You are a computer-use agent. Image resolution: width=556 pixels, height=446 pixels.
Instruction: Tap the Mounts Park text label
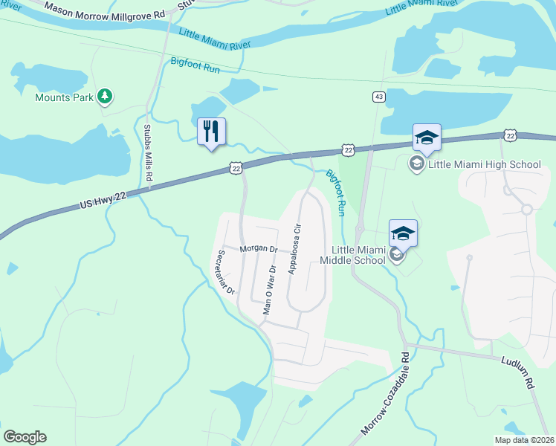point(65,97)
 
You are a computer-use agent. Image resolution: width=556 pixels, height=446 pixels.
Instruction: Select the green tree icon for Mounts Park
point(106,96)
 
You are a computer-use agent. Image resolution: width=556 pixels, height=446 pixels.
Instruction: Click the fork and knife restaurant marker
point(210,132)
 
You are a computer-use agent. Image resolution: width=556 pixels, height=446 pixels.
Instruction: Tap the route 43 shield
point(379,97)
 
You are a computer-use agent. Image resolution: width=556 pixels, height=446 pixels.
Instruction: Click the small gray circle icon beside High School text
point(417,164)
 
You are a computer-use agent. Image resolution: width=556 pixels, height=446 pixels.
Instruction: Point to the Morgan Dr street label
point(258,249)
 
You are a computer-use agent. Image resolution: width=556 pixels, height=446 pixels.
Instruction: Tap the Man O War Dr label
point(270,290)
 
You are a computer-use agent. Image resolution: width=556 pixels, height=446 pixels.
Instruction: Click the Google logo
point(25,437)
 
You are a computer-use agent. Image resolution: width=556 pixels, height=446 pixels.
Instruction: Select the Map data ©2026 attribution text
point(524,440)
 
